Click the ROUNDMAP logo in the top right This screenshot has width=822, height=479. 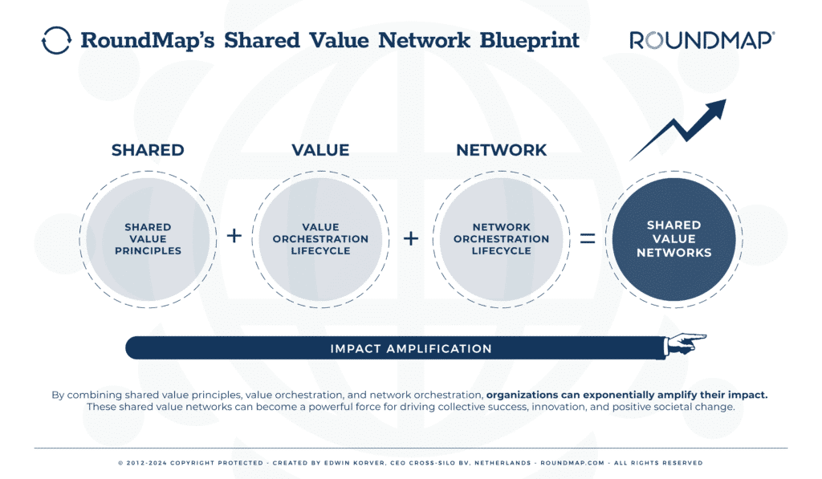click(x=702, y=41)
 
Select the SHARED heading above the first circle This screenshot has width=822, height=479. click(x=148, y=150)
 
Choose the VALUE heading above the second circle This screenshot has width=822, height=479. click(x=320, y=150)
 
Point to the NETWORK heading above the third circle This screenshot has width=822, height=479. click(x=501, y=150)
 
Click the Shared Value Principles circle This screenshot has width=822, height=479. click(x=149, y=238)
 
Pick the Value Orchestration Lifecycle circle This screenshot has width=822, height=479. click(x=320, y=238)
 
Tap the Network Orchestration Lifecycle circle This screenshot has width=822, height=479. click(x=501, y=238)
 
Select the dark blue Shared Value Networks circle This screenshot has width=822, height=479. click(x=673, y=238)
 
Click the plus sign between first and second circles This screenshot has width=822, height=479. click(x=234, y=237)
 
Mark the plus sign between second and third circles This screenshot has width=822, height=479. click(x=410, y=238)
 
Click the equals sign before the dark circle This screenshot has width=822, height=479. click(x=588, y=238)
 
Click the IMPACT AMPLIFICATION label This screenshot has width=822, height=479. click(x=411, y=349)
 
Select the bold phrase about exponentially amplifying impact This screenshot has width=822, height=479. click(x=627, y=395)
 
